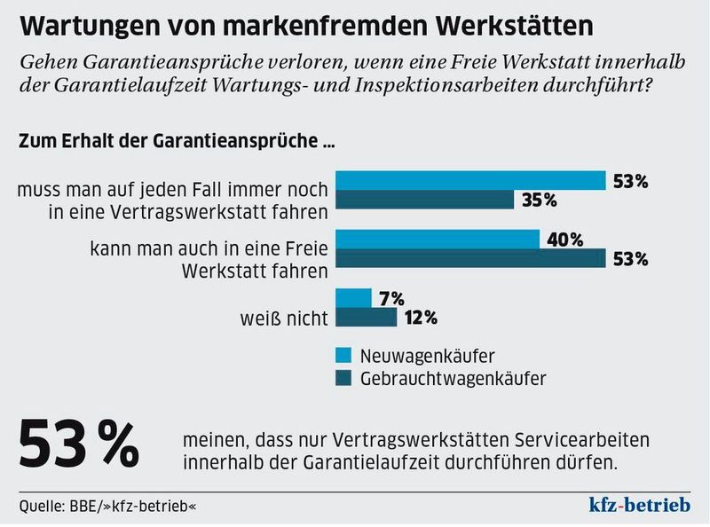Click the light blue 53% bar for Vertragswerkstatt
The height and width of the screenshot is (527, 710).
[470, 180]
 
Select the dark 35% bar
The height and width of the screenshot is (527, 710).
[424, 200]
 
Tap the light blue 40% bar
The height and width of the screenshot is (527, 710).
[438, 240]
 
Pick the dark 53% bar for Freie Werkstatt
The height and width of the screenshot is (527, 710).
[470, 259]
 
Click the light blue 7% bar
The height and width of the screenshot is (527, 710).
[353, 298]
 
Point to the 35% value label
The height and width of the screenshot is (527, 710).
[539, 201]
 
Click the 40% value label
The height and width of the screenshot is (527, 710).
[564, 240]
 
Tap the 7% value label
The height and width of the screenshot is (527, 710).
[391, 298]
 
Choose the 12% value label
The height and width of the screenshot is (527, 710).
[421, 318]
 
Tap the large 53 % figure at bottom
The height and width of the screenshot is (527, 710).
[80, 444]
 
